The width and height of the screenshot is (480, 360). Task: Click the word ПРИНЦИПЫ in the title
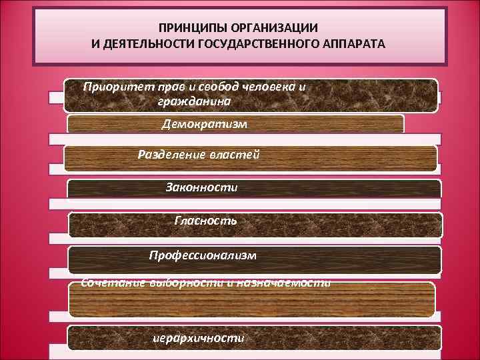(192, 30)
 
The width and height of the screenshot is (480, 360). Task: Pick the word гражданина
(195, 101)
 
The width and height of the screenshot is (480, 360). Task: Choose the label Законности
(201, 187)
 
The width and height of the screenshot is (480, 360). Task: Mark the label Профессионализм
(202, 255)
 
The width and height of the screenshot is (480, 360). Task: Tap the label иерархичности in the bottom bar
(198, 338)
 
